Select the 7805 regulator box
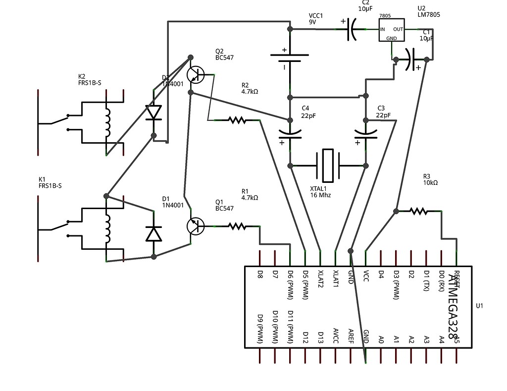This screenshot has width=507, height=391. [392, 30]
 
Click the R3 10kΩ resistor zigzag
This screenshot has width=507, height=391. [418, 212]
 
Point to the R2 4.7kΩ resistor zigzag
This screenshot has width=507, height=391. [237, 120]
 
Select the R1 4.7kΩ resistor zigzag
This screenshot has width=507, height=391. [237, 226]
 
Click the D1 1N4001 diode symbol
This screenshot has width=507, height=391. [154, 233]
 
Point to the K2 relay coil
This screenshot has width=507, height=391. [107, 122]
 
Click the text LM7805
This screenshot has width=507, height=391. [429, 15]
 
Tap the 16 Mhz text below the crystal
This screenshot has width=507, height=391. [320, 195]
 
